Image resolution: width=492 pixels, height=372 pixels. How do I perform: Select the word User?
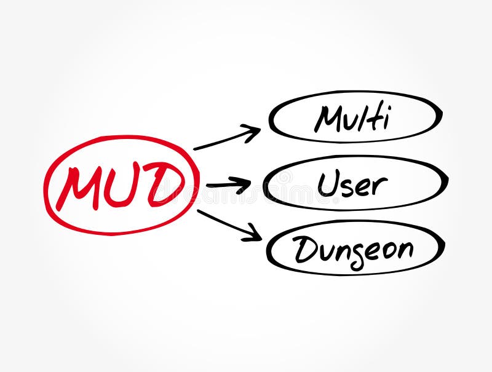(352, 183)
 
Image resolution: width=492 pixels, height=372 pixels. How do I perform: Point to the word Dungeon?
(353, 250)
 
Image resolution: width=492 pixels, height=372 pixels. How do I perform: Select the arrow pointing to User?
(228, 184)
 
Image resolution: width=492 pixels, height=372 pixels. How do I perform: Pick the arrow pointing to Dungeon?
(228, 224)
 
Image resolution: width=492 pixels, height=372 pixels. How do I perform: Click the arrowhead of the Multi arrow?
(252, 132)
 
